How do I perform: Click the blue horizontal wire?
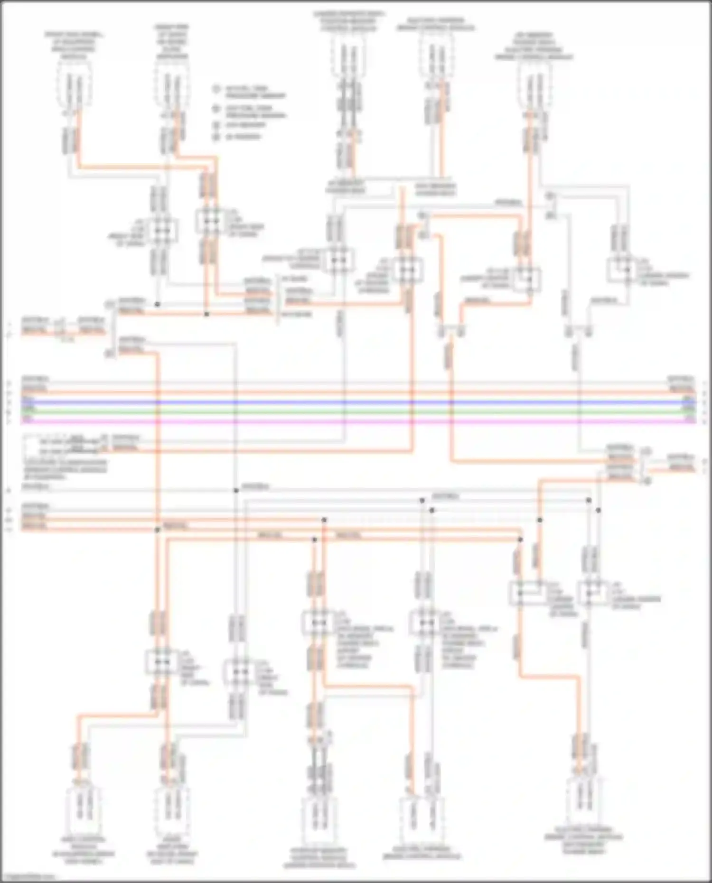[356, 402]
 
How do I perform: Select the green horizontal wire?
[356, 411]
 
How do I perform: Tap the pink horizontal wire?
[356, 421]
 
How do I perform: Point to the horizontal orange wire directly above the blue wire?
[356, 392]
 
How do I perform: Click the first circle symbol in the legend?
[217, 89]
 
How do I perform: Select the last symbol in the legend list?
[217, 137]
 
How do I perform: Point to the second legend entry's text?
[255, 112]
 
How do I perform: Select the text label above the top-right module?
[534, 46]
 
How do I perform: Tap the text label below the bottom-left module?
[83, 853]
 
